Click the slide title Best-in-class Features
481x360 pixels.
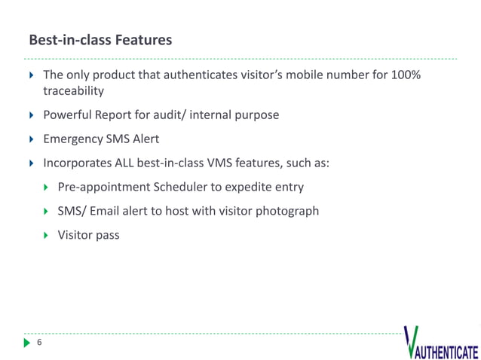pos(100,39)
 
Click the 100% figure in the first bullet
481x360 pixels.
pos(404,75)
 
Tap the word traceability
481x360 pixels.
pos(73,91)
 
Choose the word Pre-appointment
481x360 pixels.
pos(105,187)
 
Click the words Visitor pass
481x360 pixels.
pos(88,235)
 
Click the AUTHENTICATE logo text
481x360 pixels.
pos(445,352)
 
